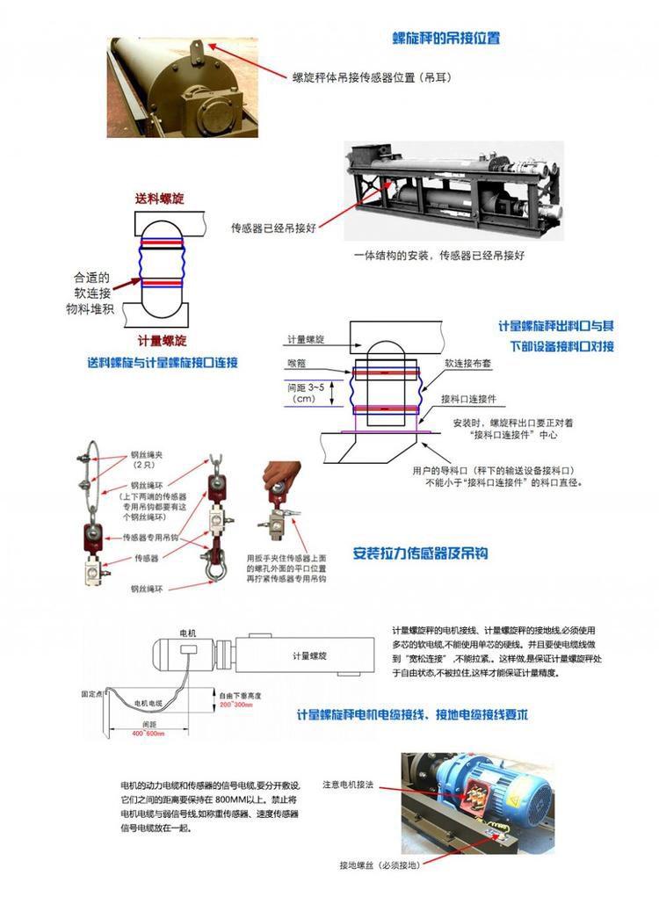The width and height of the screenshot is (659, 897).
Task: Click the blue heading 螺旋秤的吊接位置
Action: [x=446, y=39]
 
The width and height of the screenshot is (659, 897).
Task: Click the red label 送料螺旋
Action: [x=159, y=199]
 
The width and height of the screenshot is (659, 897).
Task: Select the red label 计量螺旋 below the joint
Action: [x=162, y=340]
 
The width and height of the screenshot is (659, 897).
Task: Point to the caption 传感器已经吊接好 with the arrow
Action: [x=273, y=228]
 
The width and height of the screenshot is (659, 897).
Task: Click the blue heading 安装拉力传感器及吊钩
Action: [x=420, y=553]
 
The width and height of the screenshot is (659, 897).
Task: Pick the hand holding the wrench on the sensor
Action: [x=281, y=480]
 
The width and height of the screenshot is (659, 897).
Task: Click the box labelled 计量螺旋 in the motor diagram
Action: [x=310, y=655]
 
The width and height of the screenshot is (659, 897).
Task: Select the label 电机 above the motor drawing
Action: [x=188, y=632]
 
